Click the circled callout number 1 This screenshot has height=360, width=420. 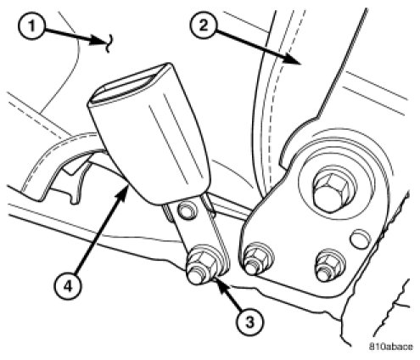tap(31, 26)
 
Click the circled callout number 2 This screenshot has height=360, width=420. tap(204, 25)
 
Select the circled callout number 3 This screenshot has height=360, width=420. tap(249, 323)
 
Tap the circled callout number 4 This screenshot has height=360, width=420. tap(68, 287)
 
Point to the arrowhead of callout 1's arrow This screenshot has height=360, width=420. tap(99, 41)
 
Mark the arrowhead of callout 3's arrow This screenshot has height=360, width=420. tap(218, 284)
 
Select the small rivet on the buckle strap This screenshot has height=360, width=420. tap(187, 211)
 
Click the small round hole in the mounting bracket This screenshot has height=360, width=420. tap(360, 239)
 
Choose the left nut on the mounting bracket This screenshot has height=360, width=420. tap(256, 258)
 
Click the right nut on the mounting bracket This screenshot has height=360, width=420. tap(329, 265)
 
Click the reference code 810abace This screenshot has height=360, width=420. tap(390, 346)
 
